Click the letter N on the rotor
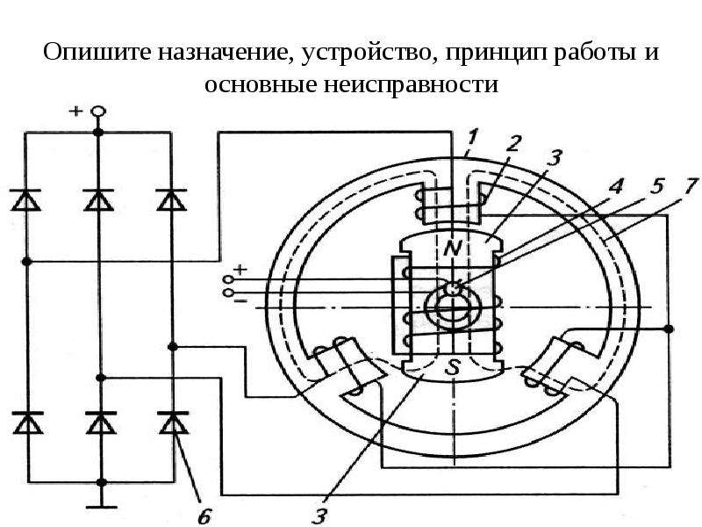pos(453,248)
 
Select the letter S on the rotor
pos(454,368)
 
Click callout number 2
pos(513,143)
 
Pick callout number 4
pos(617,185)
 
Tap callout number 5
pos(655,185)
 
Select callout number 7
pos(691,184)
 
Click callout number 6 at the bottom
pos(204,516)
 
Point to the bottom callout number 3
pos(319,516)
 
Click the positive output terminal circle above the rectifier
pos(98,111)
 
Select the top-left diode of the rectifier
pos(25,200)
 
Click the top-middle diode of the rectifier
pos(98,200)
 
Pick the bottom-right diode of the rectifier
pos(174,422)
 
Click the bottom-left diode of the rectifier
pos(28,422)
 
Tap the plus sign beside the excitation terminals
pos(240,269)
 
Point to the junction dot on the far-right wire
pos(669,328)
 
